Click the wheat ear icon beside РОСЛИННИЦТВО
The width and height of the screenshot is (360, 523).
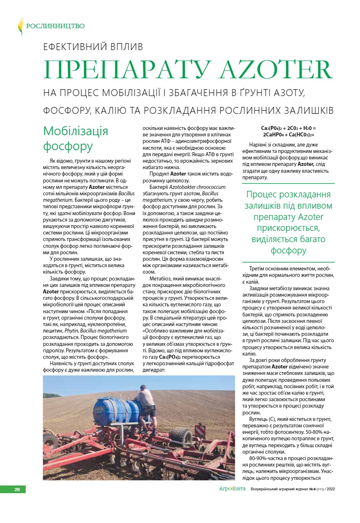[20, 26]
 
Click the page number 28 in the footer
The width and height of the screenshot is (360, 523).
[17, 490]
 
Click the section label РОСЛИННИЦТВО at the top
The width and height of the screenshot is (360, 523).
[55, 26]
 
